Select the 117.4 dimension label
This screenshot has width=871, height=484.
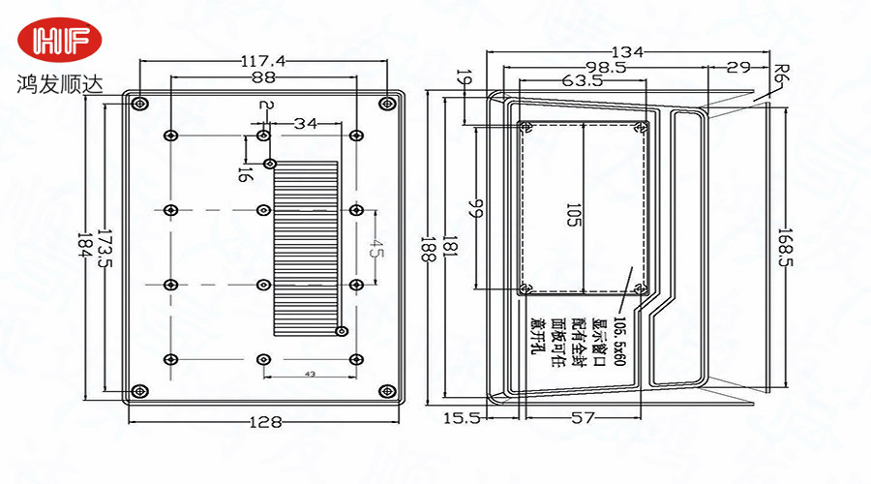click(262, 61)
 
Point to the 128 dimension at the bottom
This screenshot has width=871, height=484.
click(264, 422)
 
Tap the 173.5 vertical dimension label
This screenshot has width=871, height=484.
click(105, 251)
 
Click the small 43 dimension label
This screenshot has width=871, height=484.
click(310, 373)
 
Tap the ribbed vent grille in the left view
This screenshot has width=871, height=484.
click(306, 247)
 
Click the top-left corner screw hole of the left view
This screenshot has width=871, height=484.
click(141, 103)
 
